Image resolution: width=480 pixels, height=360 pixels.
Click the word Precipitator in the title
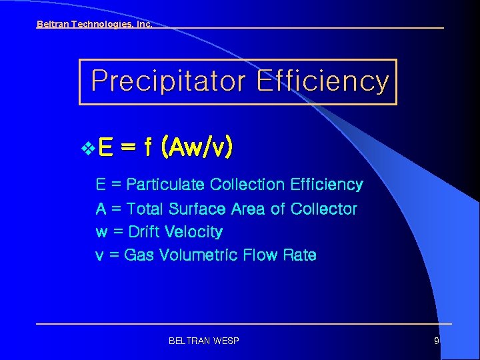point(169,81)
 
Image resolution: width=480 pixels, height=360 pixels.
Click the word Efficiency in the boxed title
point(322,81)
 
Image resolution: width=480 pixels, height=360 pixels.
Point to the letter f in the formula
point(147,146)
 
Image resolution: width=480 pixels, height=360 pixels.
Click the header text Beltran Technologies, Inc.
point(94,25)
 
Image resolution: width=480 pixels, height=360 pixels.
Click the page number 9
point(437,341)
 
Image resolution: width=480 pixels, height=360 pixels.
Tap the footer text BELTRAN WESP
point(204,341)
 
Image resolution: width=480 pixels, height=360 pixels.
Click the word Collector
point(323,209)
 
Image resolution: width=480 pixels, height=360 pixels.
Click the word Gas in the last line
point(139,255)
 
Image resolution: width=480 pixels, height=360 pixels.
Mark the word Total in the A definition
point(144,209)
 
